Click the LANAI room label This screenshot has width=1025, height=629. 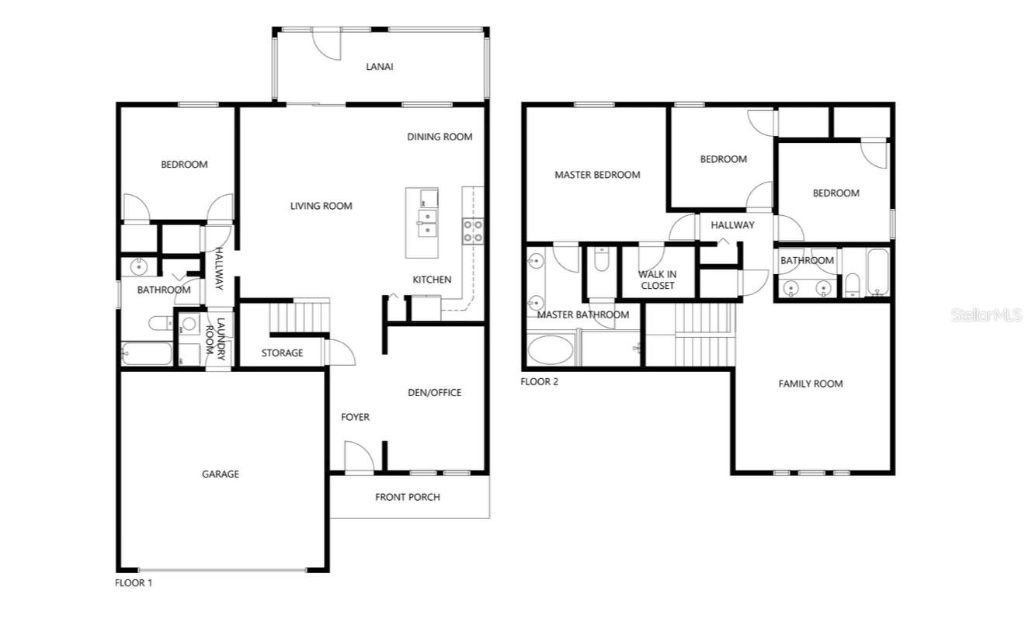pyautogui.click(x=380, y=67)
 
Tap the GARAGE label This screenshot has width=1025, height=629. pyautogui.click(x=220, y=474)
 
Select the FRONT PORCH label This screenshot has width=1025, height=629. pyautogui.click(x=407, y=497)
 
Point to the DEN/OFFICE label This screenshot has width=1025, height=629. pyautogui.click(x=434, y=392)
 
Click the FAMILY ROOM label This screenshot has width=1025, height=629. pyautogui.click(x=811, y=384)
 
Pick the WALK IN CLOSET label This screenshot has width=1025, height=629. pyautogui.click(x=658, y=280)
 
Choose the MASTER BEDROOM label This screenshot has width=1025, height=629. pyautogui.click(x=597, y=175)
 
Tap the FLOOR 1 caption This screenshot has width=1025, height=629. pyautogui.click(x=133, y=583)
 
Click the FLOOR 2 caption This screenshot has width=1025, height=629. pyautogui.click(x=539, y=381)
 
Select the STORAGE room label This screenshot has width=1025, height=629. pyautogui.click(x=282, y=353)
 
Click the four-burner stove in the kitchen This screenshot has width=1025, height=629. pyautogui.click(x=473, y=231)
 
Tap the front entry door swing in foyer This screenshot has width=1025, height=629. pyautogui.click(x=360, y=456)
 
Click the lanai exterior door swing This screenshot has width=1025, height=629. pyautogui.click(x=327, y=45)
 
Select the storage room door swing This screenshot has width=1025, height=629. pyautogui.click(x=340, y=353)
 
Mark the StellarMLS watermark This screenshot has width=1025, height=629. pyautogui.click(x=986, y=314)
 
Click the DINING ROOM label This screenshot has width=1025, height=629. pyautogui.click(x=440, y=137)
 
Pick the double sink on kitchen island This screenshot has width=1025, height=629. pyautogui.click(x=427, y=223)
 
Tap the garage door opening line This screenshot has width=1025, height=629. pyautogui.click(x=222, y=570)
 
